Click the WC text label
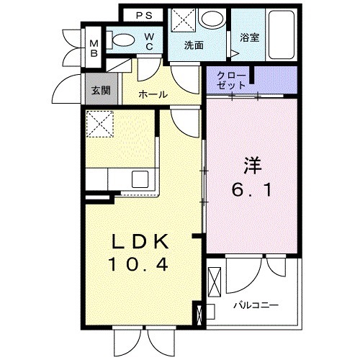pos(149,42)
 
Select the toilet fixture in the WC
pos(125,41)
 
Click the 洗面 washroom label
pos(194,45)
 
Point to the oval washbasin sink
pos(212,19)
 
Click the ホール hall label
pos(153,94)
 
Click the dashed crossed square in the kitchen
pos(99,124)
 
